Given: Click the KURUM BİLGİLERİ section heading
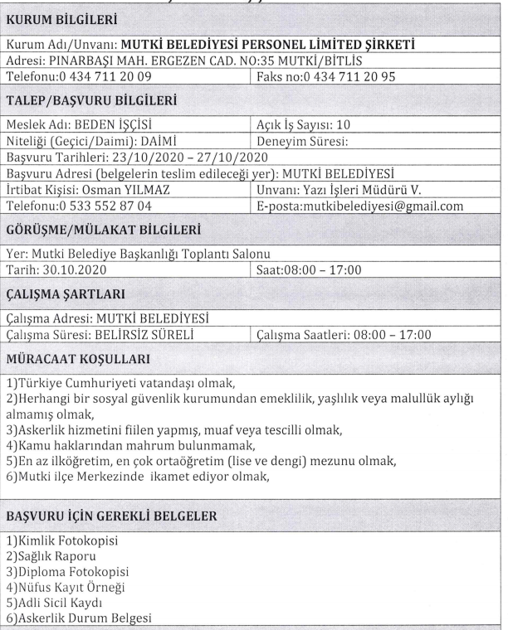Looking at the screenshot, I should click(61, 18).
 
